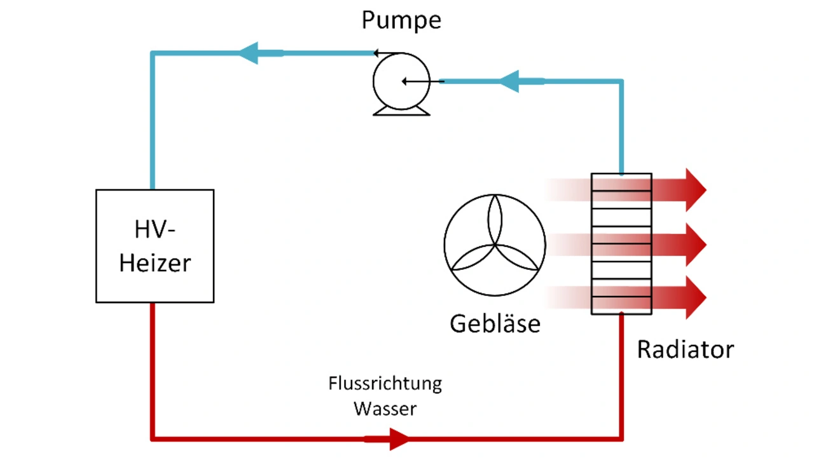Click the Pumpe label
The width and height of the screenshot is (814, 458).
[401, 20]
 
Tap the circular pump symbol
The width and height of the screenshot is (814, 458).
[401, 81]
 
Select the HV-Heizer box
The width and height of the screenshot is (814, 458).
[155, 246]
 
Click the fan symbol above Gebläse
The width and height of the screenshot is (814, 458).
[494, 245]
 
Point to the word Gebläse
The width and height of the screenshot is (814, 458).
[495, 324]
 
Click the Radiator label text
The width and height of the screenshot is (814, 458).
[685, 349]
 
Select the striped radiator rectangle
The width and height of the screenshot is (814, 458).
[621, 243]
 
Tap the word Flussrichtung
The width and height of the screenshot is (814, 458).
[385, 384]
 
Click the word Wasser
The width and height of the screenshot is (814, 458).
[385, 408]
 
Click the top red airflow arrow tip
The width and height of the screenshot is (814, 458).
[698, 189]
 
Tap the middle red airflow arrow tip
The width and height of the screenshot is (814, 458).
[698, 244]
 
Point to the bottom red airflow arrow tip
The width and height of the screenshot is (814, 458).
[698, 297]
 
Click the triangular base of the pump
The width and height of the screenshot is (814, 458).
[401, 111]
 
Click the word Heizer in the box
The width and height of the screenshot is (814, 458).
[155, 262]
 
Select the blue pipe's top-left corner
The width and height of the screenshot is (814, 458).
[153, 53]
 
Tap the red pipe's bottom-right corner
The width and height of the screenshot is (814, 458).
[621, 438]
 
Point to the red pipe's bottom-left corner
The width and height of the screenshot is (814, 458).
[153, 438]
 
